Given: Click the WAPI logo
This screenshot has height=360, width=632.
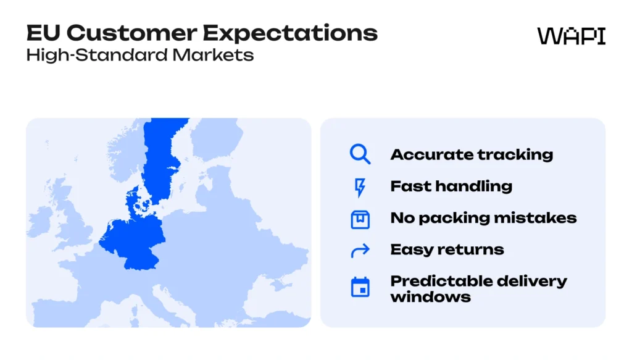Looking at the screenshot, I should point(571,36).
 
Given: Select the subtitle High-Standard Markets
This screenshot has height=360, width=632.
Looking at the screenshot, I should point(140,54).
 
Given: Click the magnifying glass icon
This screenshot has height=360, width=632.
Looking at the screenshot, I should point(360,154).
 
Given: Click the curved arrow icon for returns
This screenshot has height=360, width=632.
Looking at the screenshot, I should point(360,250).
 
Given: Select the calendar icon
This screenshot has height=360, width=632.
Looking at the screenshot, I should point(360,287).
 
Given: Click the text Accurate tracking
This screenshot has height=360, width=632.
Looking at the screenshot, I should point(472,155).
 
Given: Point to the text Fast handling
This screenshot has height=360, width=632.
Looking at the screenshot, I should point(451,186).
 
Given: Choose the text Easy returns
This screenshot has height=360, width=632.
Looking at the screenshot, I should point(447,249).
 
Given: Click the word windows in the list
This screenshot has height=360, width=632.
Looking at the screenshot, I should point(430,297).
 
